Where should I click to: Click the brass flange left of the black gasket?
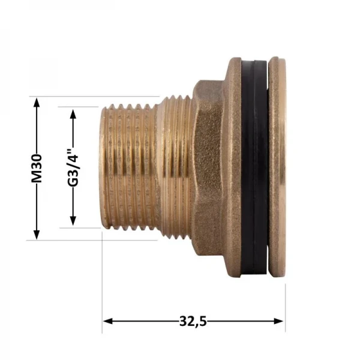click(233, 168)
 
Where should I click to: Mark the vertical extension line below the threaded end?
click(103, 282)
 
